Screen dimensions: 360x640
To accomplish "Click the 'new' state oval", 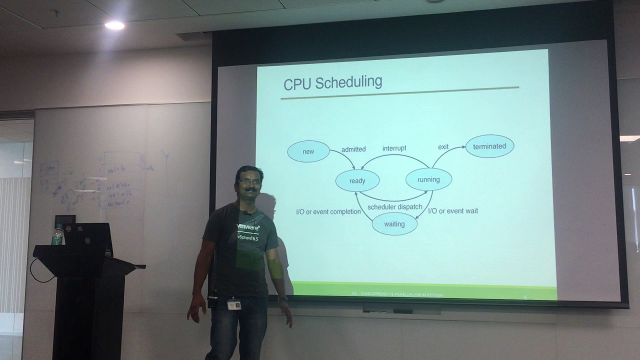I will [308, 151].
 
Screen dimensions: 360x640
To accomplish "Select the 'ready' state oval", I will [357, 181].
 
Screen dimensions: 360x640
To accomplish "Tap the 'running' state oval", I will [428, 179].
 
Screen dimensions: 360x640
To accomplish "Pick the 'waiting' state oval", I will [394, 224].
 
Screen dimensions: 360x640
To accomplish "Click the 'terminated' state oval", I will [489, 146].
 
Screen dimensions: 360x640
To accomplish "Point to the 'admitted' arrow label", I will [353, 149].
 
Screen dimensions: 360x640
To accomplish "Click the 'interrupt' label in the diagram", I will [394, 148].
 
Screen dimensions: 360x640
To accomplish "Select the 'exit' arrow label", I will [443, 147].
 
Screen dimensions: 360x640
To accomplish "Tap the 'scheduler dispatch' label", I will [394, 207].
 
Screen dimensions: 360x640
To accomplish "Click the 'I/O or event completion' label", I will [328, 211].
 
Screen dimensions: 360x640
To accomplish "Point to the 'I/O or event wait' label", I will [453, 211].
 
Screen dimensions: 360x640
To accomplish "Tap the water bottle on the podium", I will [57, 235].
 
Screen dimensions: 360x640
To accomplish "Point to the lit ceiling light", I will [114, 25].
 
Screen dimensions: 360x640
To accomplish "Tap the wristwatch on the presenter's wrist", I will [283, 299].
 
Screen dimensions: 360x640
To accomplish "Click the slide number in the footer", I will [525, 297].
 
